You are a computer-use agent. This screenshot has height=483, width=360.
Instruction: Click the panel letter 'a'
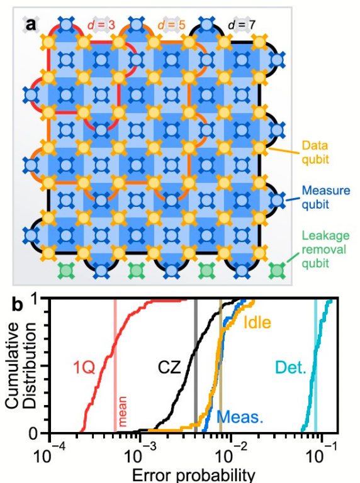[30, 25]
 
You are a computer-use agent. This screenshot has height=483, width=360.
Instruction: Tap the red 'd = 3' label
[101, 25]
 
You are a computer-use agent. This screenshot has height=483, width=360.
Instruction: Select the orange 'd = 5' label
[172, 25]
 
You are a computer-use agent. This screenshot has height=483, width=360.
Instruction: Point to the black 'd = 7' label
[242, 25]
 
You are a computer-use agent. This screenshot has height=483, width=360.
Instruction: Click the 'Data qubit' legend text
[315, 152]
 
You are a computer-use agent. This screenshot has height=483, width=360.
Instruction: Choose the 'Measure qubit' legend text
[326, 197]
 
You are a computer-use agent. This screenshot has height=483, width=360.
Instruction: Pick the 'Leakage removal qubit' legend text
[325, 250]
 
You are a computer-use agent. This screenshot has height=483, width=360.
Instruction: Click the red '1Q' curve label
[84, 367]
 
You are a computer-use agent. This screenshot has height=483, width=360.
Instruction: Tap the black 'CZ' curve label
[169, 367]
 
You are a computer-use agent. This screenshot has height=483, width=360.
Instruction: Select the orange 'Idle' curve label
[257, 323]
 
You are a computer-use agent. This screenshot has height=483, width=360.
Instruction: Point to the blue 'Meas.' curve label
[240, 417]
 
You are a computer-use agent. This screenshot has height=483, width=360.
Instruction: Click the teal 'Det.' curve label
[290, 367]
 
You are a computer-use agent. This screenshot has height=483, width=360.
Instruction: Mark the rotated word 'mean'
[122, 411]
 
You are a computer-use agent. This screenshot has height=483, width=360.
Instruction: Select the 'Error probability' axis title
[194, 475]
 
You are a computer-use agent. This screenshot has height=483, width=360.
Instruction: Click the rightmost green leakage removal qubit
[277, 271]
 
